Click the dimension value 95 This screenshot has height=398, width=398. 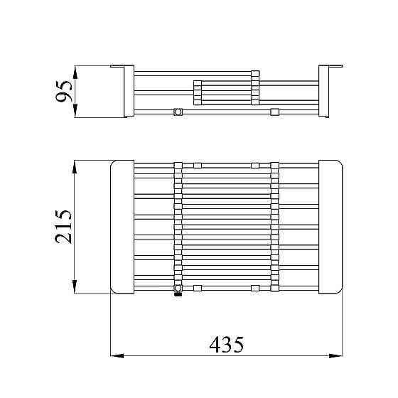(x=64, y=92)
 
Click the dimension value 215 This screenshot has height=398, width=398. (x=64, y=227)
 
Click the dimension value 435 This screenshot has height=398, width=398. (x=227, y=344)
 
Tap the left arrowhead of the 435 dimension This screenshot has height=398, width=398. (x=117, y=356)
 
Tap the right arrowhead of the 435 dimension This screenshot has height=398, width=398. (x=335, y=356)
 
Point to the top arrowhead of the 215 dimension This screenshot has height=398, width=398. (x=75, y=167)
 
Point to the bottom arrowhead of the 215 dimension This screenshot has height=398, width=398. (x=75, y=287)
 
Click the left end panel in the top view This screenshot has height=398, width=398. (x=122, y=227)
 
